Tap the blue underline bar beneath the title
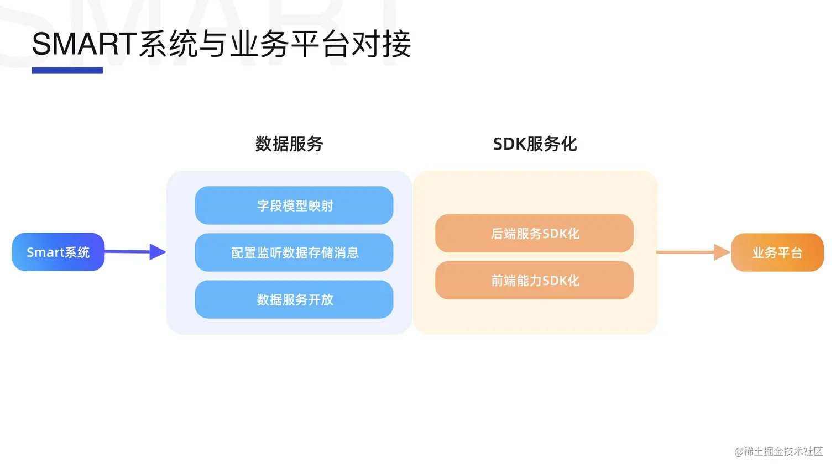tap(67, 70)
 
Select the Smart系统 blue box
tap(58, 252)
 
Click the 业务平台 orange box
tap(777, 252)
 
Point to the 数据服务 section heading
tap(289, 144)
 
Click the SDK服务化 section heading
tap(535, 144)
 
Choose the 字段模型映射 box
tap(294, 205)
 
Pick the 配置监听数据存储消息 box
tap(294, 252)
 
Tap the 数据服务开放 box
tap(294, 299)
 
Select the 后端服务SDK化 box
tap(534, 233)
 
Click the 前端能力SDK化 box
tap(534, 280)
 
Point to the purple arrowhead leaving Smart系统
tap(157, 252)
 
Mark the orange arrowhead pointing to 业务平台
tap(722, 252)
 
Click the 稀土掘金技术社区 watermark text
tap(783, 451)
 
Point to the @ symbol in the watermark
tap(739, 452)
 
